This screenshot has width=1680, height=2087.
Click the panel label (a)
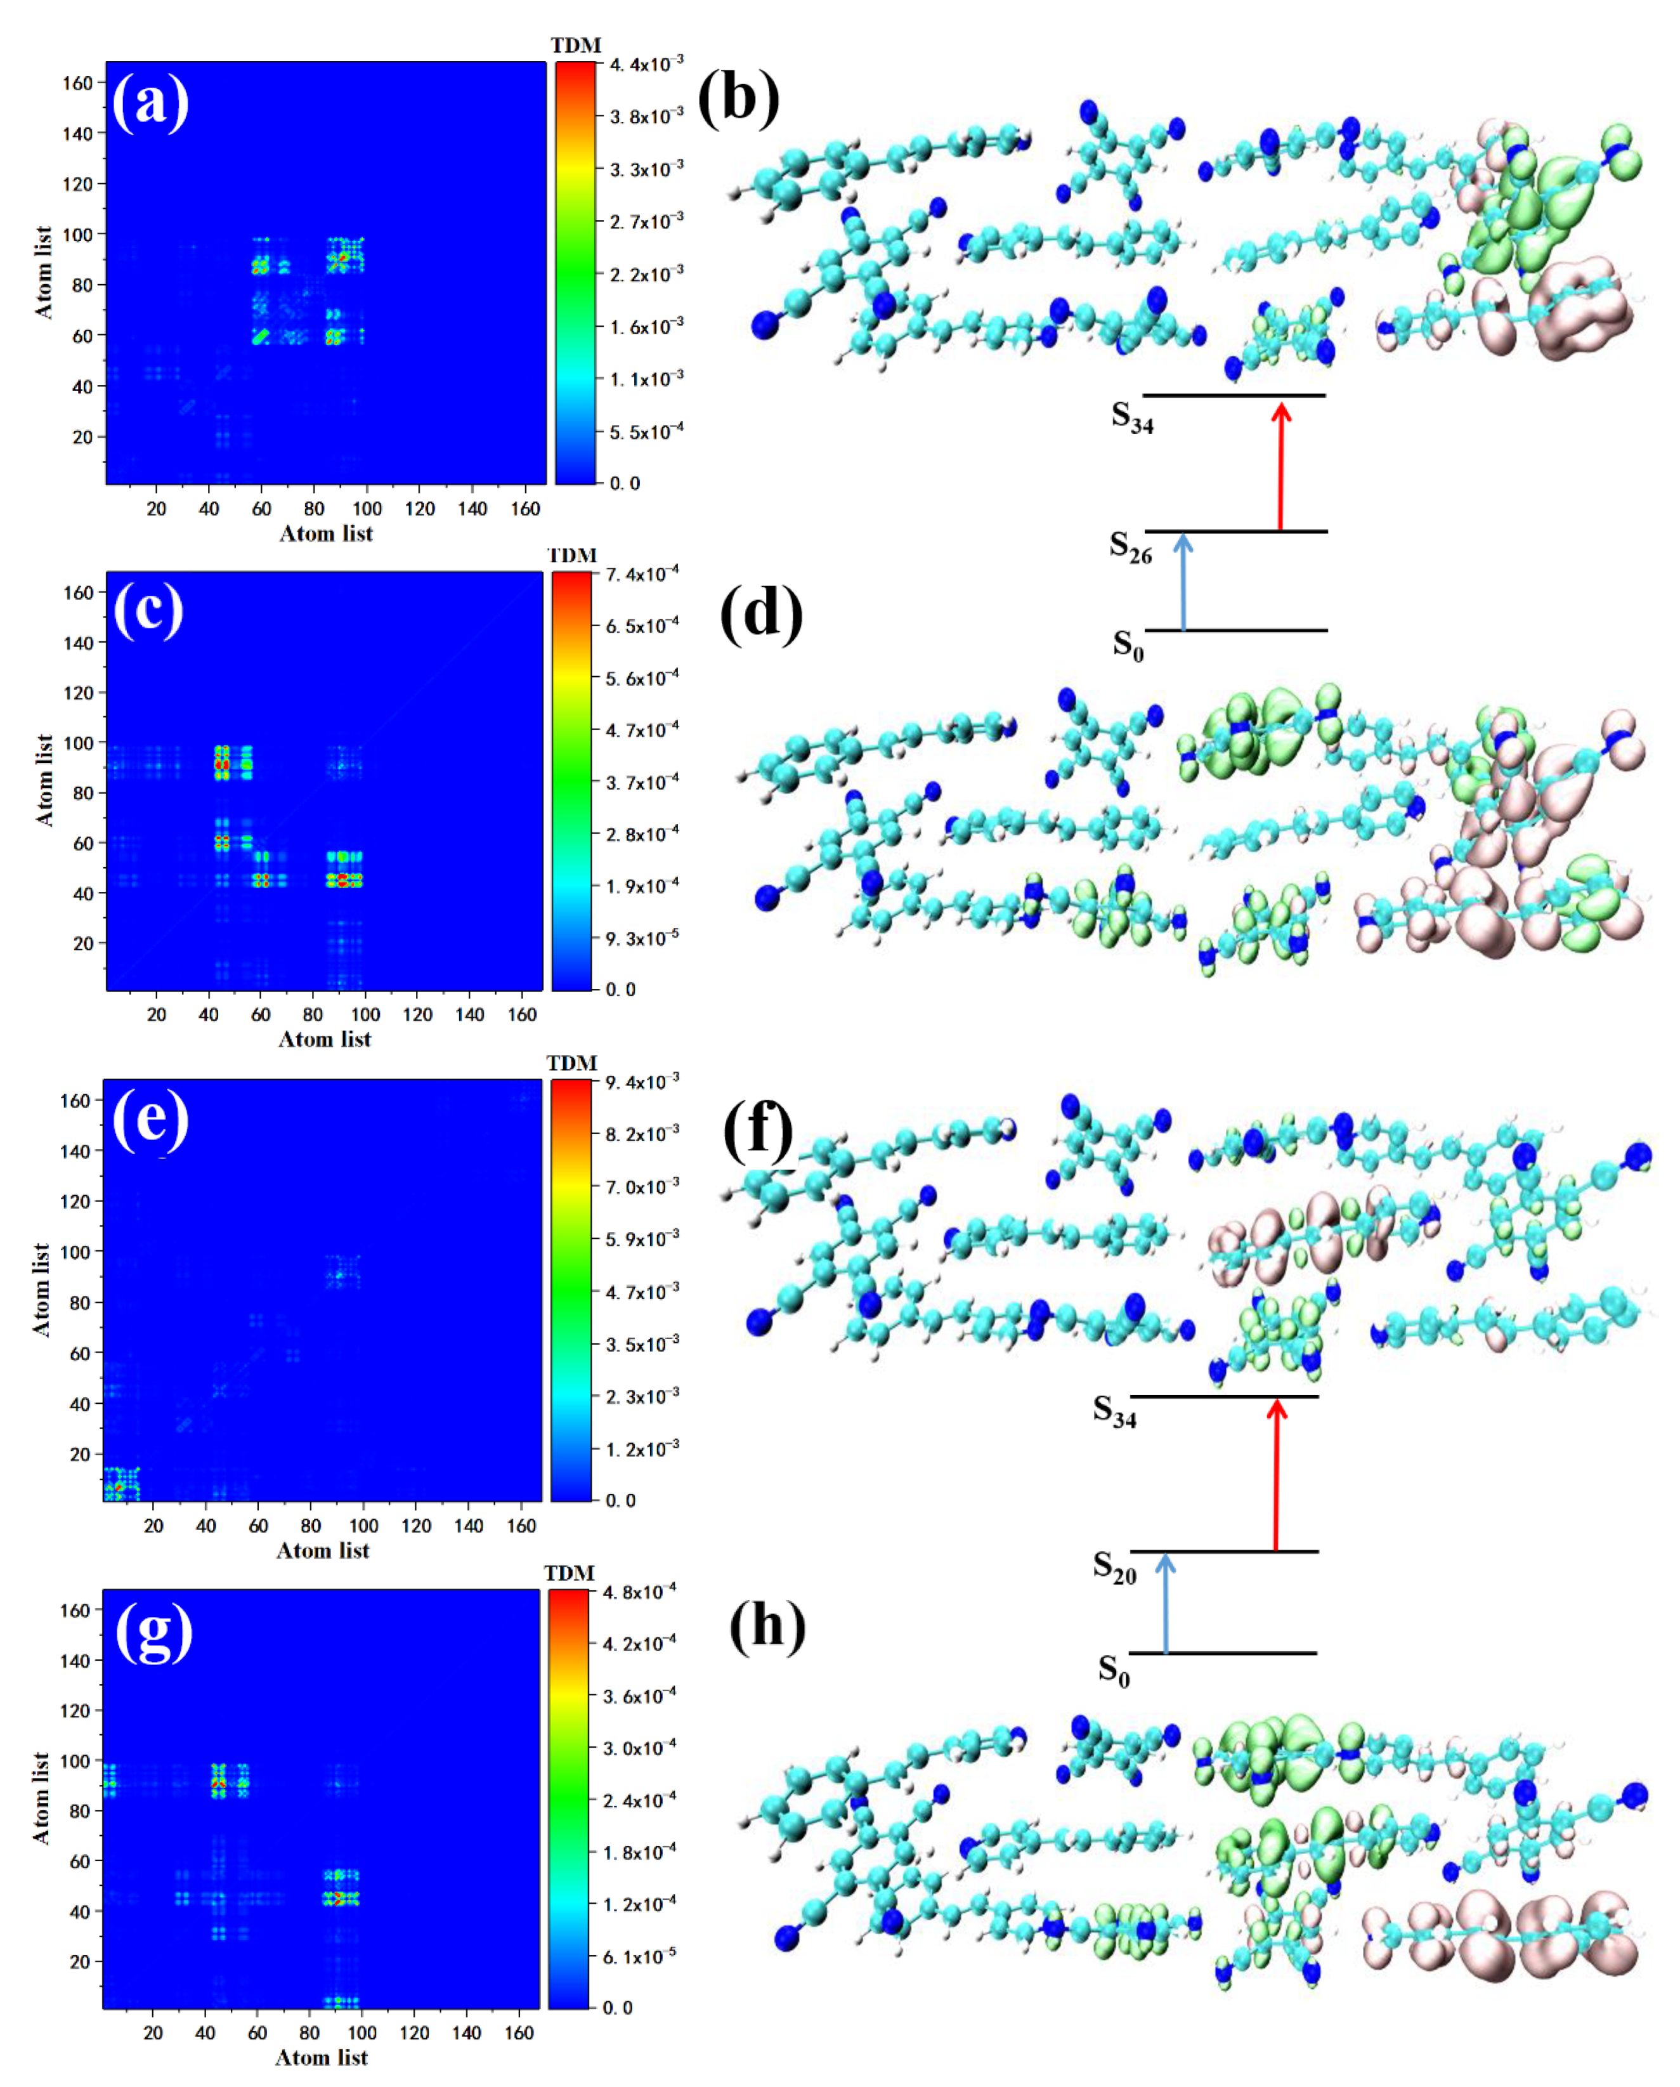150,101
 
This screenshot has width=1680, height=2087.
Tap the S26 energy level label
1130,547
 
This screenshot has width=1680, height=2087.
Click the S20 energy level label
1114,1566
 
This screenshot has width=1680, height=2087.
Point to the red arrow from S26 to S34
1281,467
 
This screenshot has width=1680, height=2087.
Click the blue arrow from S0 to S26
1183,581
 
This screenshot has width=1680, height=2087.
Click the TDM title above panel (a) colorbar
576,44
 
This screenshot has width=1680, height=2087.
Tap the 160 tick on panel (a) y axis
77,83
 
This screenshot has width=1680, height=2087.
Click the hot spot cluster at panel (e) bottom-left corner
120,1483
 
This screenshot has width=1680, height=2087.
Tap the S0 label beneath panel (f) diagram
1114,1669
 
